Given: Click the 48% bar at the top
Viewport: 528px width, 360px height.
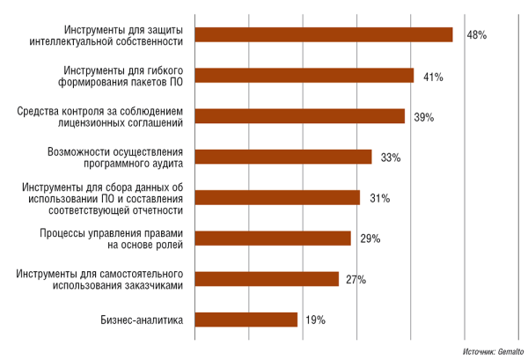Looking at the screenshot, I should point(323,34).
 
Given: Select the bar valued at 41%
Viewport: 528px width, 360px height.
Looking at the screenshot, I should point(304,76).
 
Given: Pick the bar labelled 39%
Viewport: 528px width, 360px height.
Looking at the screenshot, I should point(299,116).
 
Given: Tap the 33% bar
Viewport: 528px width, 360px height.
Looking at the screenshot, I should point(282,157).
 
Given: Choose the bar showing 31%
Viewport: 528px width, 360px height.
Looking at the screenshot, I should point(277,197).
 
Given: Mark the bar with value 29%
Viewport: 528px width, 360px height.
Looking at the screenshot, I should point(272,238).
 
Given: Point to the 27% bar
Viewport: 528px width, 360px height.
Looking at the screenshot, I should point(266,279).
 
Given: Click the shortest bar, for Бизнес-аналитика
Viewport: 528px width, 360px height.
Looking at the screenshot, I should point(246,320).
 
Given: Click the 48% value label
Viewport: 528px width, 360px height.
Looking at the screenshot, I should point(476,35).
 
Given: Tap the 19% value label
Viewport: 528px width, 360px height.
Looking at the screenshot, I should point(315,320).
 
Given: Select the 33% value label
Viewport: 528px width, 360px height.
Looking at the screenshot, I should point(391,158).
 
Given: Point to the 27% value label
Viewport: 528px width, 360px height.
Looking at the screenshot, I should point(356,280).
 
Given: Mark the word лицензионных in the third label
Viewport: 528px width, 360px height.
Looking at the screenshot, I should point(105,123).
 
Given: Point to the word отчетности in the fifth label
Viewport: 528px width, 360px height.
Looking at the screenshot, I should point(158,210).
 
